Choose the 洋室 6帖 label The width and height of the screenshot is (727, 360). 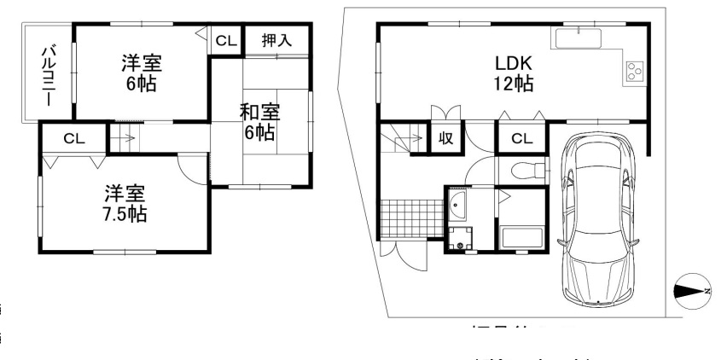(x=141, y=73)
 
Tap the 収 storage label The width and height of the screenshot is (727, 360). (x=445, y=138)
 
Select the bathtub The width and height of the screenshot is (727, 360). (x=521, y=235)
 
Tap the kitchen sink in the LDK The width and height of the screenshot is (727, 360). (x=578, y=38)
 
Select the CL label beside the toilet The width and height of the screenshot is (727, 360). (x=522, y=138)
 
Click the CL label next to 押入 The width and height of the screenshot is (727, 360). (x=226, y=39)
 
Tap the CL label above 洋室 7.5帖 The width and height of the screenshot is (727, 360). (x=73, y=137)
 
